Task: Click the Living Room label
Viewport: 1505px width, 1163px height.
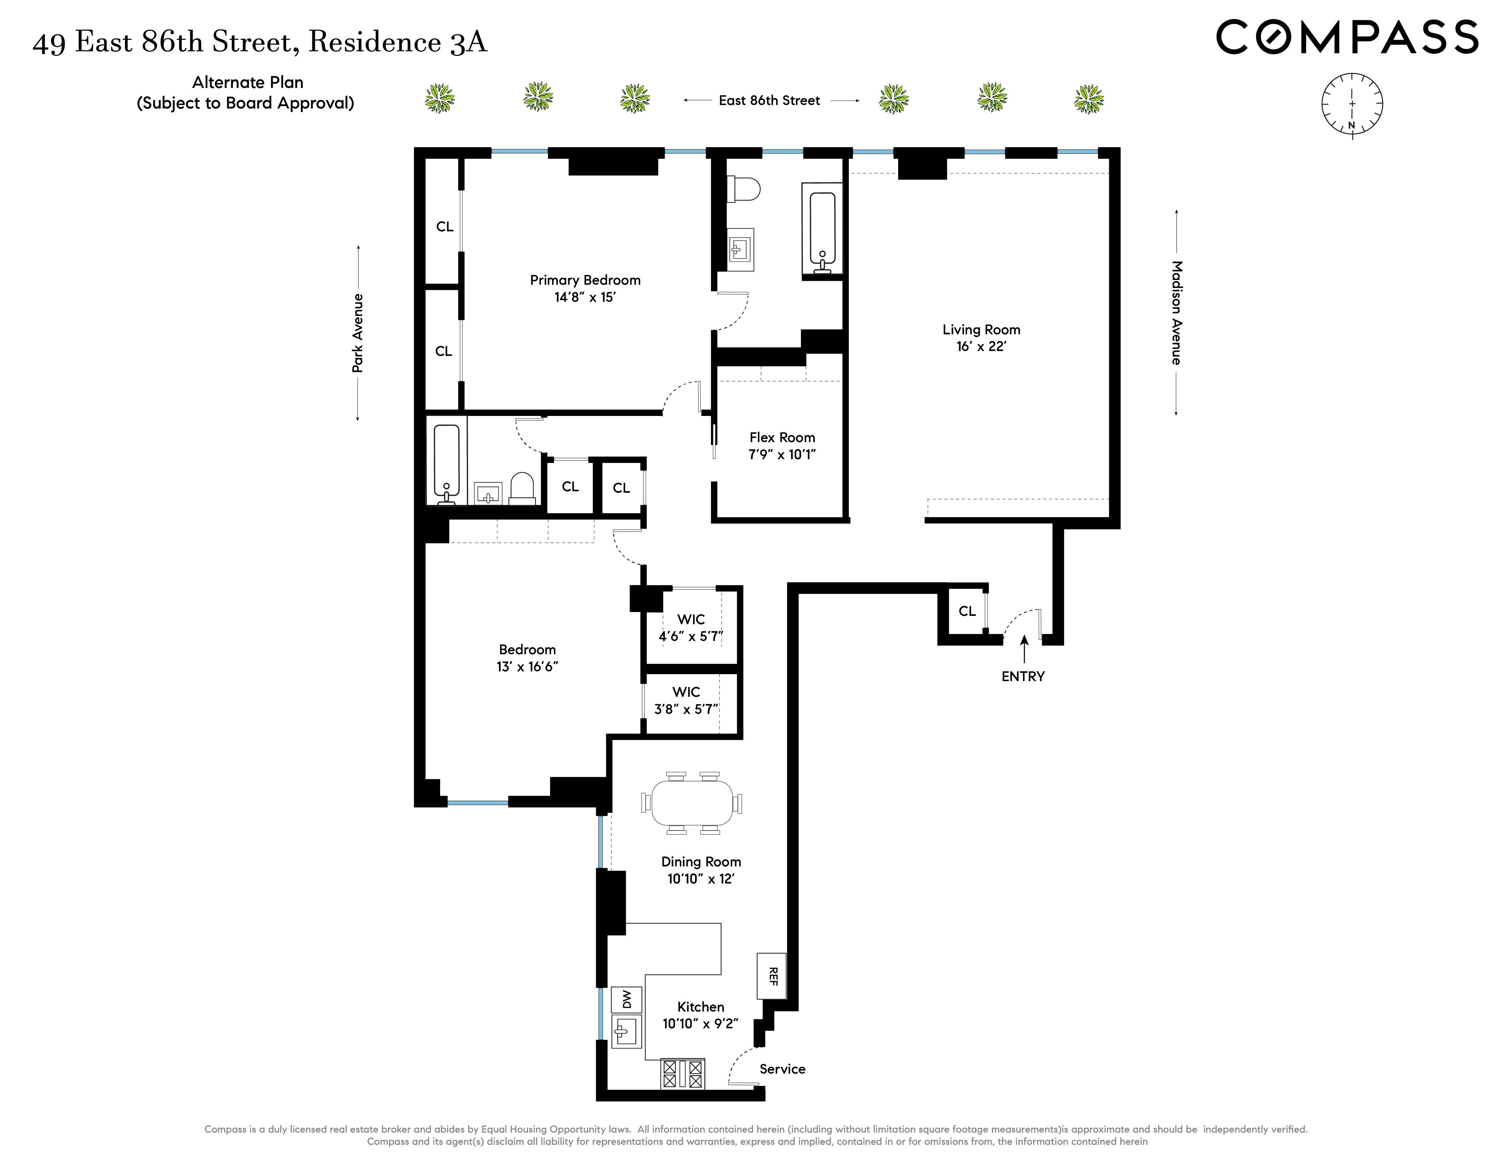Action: point(981,330)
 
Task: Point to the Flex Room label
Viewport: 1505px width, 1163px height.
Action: point(782,438)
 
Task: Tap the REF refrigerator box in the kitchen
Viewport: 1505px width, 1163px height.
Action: point(771,976)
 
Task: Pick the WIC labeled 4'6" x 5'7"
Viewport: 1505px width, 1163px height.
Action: point(690,628)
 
